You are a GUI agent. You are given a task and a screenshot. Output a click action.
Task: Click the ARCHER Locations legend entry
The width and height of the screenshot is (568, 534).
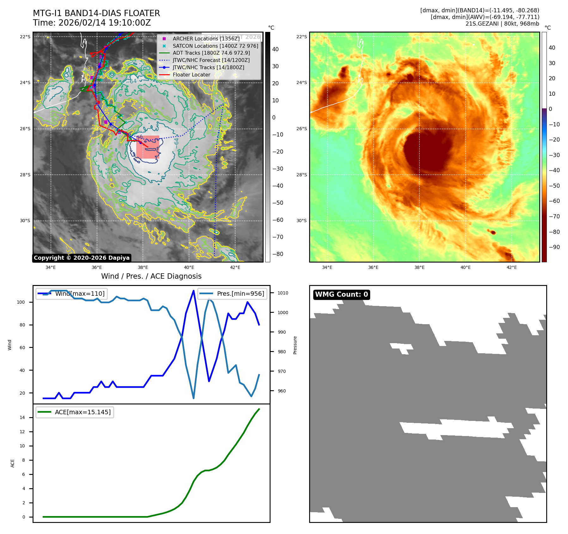click(206, 39)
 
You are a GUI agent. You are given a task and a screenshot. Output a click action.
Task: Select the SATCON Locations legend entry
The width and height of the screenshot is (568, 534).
click(215, 46)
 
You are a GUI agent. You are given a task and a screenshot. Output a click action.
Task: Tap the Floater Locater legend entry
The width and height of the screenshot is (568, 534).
click(191, 75)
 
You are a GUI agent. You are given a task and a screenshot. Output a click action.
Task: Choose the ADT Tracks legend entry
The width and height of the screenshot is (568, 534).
click(211, 53)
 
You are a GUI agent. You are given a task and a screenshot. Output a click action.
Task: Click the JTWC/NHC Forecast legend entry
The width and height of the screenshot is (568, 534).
click(211, 60)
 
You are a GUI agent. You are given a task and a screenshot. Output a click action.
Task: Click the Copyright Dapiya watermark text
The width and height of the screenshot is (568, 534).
click(82, 258)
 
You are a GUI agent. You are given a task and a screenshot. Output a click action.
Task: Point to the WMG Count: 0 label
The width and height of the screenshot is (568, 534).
click(341, 294)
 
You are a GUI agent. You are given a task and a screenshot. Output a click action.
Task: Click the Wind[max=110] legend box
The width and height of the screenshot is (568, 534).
click(71, 294)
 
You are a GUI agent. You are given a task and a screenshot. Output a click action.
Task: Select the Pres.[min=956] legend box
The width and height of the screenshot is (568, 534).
click(232, 294)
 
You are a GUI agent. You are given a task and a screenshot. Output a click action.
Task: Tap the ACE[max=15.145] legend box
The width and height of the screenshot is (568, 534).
click(75, 412)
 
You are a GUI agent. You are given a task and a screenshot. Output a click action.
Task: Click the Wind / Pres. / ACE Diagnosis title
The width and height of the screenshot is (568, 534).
click(151, 276)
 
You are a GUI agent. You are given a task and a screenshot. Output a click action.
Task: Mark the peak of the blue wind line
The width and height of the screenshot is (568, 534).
click(193, 291)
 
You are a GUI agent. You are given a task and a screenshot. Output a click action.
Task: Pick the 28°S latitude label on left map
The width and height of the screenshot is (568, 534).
click(25, 175)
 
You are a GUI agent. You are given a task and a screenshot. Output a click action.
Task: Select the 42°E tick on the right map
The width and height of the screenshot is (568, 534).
click(511, 267)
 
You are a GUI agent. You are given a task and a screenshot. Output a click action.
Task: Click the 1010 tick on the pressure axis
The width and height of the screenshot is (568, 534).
click(283, 293)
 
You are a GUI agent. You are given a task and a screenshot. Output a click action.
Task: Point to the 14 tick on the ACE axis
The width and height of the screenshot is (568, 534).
click(22, 417)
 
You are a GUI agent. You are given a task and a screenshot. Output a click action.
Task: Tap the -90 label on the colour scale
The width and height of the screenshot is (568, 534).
click(554, 247)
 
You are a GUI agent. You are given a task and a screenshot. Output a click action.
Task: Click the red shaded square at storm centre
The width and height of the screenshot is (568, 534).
click(148, 147)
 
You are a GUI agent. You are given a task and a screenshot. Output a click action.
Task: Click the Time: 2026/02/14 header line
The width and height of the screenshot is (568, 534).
click(92, 23)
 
